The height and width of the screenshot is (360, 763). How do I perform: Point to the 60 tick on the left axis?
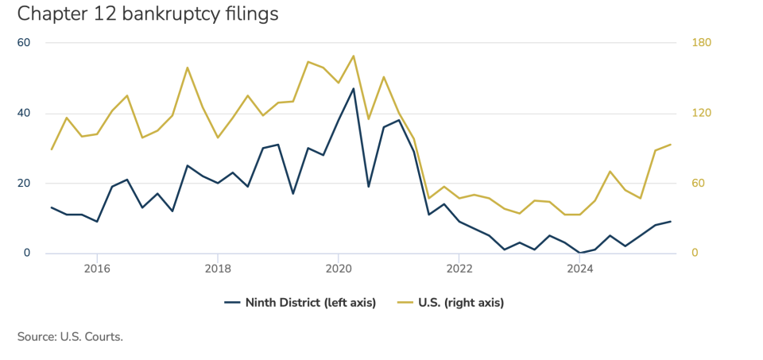pos(24,43)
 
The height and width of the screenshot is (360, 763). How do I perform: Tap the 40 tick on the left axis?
pos(24,113)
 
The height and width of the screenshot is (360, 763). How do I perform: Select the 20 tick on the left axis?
pos(24,184)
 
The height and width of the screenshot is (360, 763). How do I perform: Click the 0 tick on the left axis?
pos(26,254)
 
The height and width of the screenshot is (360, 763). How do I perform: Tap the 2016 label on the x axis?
pos(97,269)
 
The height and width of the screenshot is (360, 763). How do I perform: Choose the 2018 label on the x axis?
pos(218,269)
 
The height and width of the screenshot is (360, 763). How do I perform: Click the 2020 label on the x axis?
pos(339,269)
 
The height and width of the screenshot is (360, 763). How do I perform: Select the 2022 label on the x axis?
pos(459,269)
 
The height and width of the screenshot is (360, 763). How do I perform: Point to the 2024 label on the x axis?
pos(580,269)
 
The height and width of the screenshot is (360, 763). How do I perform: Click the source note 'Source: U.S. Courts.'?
pos(70,337)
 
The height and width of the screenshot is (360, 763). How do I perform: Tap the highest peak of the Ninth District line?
pos(354,88)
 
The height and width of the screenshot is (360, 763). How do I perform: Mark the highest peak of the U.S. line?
pos(354,56)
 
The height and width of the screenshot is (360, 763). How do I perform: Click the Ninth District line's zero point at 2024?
pos(580,253)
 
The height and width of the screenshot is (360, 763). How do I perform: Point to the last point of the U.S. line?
pos(671,145)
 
